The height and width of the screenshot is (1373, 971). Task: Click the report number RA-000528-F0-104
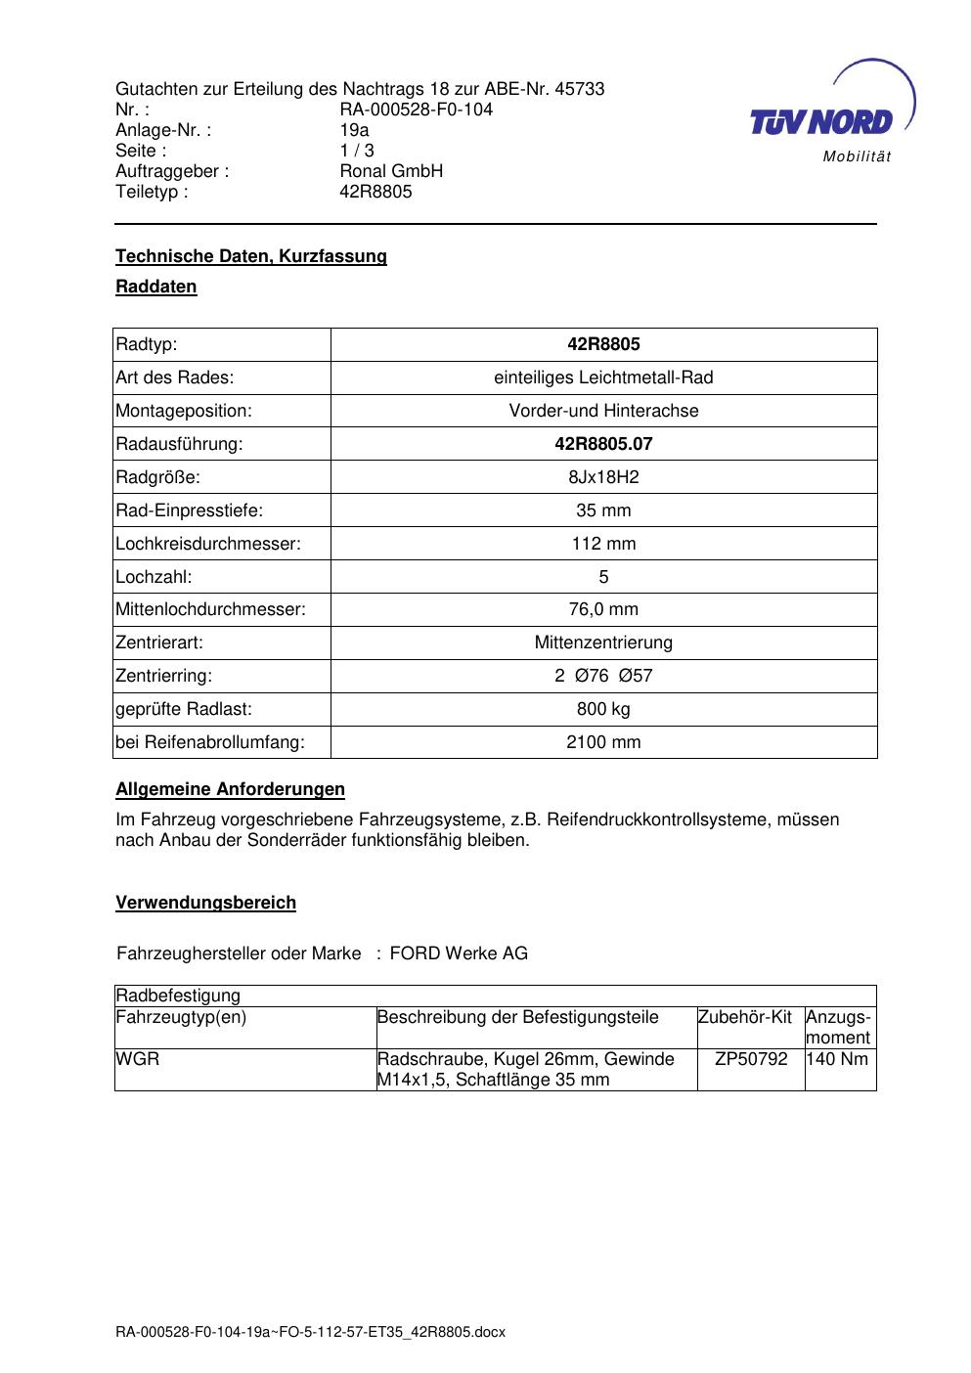(x=416, y=110)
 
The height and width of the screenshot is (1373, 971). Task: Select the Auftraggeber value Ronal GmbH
(x=391, y=171)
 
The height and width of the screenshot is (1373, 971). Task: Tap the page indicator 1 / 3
(x=357, y=151)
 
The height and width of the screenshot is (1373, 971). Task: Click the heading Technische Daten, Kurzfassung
(x=251, y=256)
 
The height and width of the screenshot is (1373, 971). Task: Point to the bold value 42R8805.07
(x=603, y=444)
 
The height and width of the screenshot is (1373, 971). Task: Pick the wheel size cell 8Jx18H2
(x=603, y=477)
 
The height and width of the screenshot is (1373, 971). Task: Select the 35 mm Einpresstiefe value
(x=603, y=510)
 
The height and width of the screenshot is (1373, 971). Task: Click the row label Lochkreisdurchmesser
(x=208, y=544)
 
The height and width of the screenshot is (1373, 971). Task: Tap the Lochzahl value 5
(x=603, y=577)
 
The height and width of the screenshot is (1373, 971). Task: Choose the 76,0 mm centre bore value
(x=603, y=609)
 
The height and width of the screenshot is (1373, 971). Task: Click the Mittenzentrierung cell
(x=603, y=642)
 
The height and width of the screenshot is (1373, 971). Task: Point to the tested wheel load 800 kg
(x=603, y=709)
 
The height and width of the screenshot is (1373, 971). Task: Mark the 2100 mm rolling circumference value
(x=603, y=742)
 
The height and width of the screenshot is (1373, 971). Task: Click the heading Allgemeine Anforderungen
(x=230, y=789)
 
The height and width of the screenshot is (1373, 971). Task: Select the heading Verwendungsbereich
(x=205, y=903)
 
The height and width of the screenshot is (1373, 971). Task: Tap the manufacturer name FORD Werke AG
(x=459, y=953)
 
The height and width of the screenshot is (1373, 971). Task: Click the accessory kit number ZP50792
(x=751, y=1059)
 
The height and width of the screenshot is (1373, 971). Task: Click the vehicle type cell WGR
(x=138, y=1059)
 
